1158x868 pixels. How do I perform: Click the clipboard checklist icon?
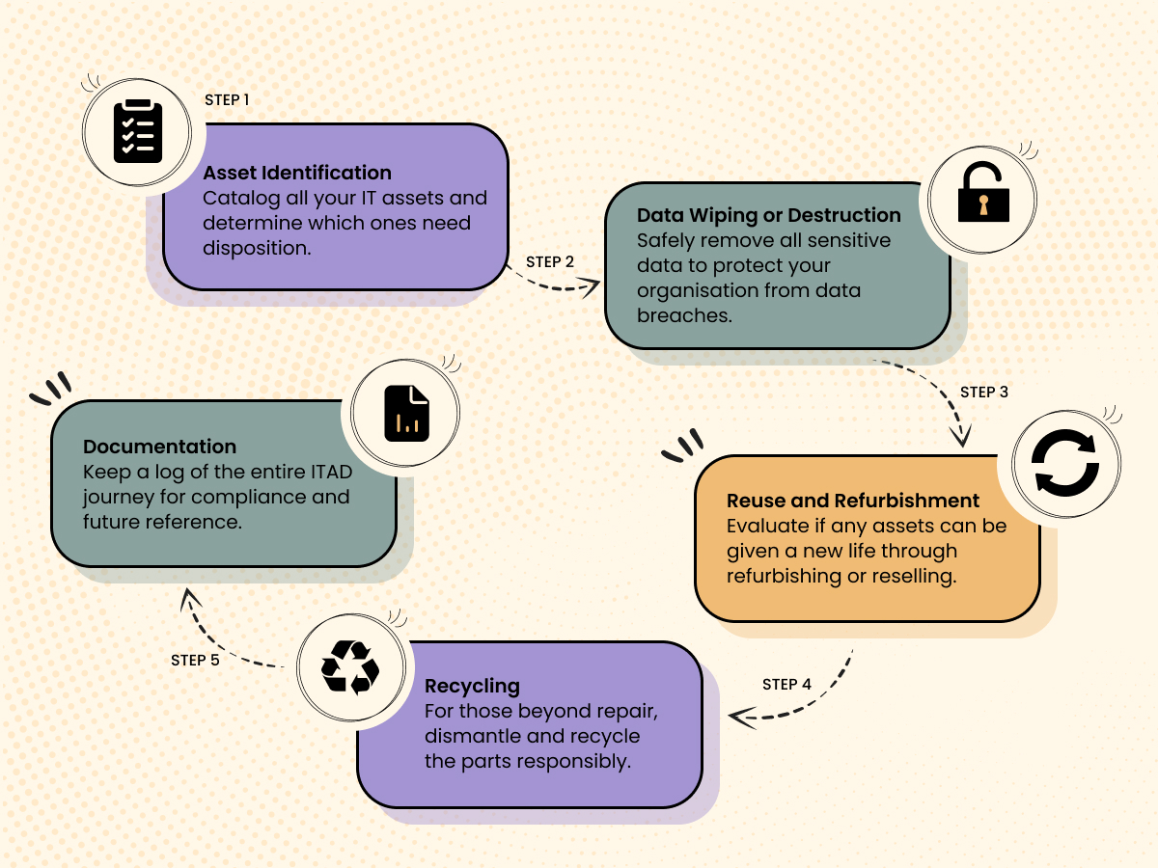click(x=138, y=131)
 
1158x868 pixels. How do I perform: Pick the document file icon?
click(x=406, y=414)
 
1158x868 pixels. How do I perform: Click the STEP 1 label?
click(x=227, y=99)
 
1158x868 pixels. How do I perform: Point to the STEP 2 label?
click(x=550, y=261)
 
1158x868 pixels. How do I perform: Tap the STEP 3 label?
click(x=984, y=393)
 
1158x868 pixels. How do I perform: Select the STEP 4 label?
click(x=786, y=684)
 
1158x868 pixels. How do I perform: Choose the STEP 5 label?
click(x=195, y=661)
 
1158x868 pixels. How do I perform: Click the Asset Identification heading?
click(x=297, y=173)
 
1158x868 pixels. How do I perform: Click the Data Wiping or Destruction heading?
click(x=769, y=215)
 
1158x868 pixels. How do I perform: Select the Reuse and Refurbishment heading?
click(x=853, y=501)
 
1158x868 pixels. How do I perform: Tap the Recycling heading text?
click(x=472, y=686)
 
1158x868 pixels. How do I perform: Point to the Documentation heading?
click(x=159, y=447)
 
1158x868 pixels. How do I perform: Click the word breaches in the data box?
click(x=683, y=315)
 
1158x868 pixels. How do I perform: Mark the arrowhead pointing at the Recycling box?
click(x=738, y=716)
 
